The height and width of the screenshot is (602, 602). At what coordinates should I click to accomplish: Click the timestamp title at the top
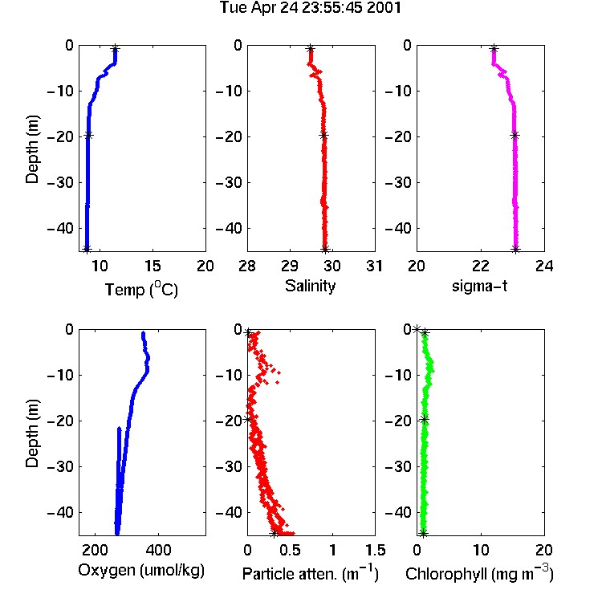click(x=310, y=8)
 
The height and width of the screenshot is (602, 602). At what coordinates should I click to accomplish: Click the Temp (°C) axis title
click(x=141, y=290)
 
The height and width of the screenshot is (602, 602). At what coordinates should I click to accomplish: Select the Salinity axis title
click(x=310, y=286)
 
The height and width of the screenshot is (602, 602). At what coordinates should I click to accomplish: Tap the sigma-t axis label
click(x=479, y=286)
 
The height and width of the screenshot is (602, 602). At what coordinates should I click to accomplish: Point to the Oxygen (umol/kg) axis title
click(x=141, y=571)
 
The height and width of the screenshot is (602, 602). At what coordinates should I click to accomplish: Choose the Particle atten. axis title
click(x=310, y=573)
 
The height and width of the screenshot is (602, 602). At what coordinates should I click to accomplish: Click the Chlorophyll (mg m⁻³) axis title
click(x=479, y=573)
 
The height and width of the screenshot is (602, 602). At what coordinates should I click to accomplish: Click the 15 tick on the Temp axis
click(x=153, y=266)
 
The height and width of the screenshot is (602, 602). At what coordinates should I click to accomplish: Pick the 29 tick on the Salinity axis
click(x=290, y=266)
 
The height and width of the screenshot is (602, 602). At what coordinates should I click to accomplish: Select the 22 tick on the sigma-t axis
click(x=481, y=266)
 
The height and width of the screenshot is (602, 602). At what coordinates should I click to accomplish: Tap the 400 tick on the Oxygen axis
click(x=158, y=550)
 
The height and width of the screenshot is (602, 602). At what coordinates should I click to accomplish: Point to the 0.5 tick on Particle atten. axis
click(x=290, y=550)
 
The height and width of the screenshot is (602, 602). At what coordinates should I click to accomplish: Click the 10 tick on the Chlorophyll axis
click(x=481, y=550)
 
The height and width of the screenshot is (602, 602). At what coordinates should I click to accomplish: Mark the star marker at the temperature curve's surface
click(x=115, y=49)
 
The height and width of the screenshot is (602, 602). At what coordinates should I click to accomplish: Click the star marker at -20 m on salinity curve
click(x=324, y=135)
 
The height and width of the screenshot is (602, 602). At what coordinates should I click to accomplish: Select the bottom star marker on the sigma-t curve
click(x=516, y=249)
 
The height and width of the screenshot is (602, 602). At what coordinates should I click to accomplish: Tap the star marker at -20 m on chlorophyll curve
click(x=425, y=420)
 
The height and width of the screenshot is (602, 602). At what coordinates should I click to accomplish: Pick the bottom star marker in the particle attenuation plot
click(x=274, y=533)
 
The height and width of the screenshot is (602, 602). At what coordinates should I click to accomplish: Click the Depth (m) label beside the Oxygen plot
click(x=32, y=433)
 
